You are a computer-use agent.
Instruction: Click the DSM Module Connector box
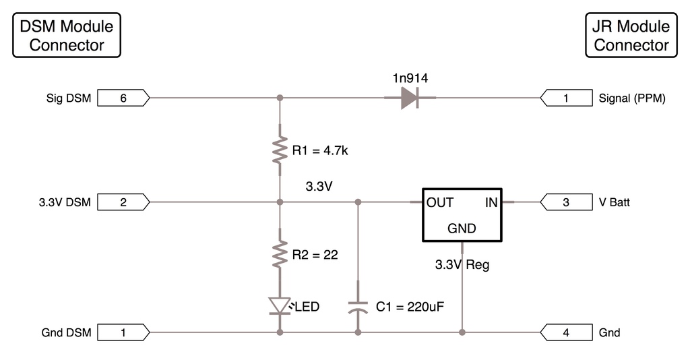[67, 36]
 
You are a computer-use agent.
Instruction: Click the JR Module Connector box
[631, 36]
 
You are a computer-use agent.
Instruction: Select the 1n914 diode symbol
[409, 98]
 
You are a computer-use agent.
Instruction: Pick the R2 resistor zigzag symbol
[280, 255]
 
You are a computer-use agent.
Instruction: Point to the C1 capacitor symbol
[358, 307]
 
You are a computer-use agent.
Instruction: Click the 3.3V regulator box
[462, 214]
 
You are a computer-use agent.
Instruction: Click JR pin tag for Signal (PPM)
[565, 98]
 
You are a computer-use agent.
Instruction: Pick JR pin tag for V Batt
[565, 202]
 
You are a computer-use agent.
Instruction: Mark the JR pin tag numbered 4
[565, 332]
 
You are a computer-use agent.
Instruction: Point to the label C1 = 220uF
[410, 307]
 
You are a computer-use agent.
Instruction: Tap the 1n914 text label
[410, 78]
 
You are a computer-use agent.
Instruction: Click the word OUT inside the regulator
[440, 202]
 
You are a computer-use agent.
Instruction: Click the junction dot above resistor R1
[280, 98]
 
